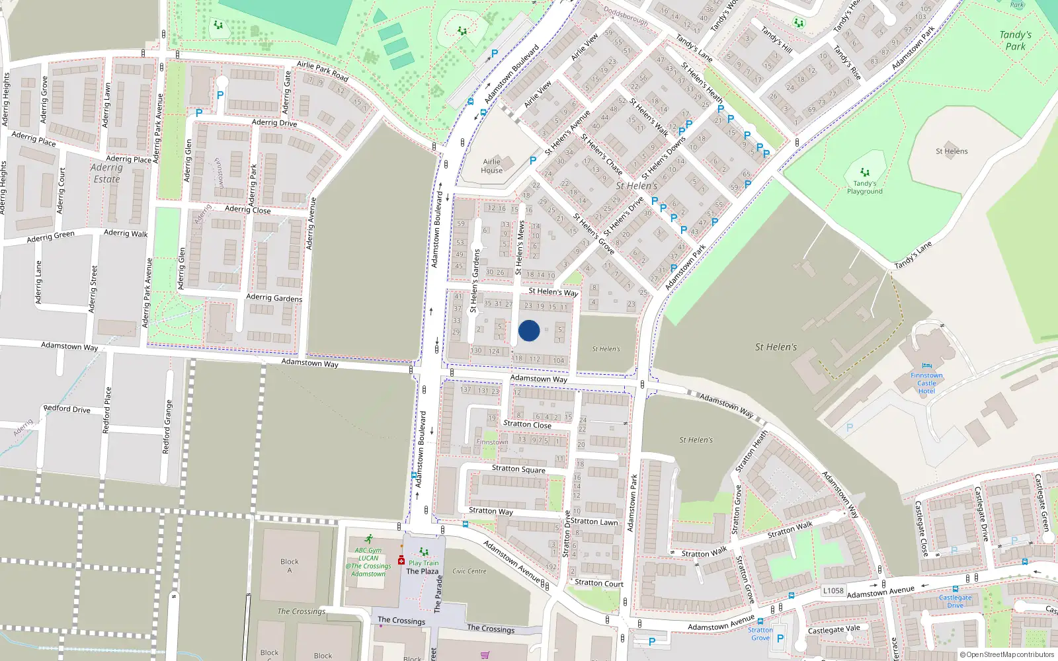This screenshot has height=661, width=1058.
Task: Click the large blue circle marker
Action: (x=529, y=330)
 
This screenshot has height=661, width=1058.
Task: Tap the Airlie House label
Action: (x=492, y=166)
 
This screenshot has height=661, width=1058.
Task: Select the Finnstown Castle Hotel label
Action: (x=926, y=383)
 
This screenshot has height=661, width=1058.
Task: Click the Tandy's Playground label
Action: (x=864, y=188)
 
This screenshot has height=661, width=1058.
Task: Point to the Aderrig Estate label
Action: (x=106, y=173)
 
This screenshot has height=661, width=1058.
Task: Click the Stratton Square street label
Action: (x=518, y=469)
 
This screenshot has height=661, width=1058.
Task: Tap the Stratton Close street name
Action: (x=527, y=424)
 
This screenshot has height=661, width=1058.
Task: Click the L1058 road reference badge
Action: (x=833, y=590)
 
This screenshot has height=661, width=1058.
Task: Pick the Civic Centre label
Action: (x=469, y=571)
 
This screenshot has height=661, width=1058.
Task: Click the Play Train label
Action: (x=423, y=563)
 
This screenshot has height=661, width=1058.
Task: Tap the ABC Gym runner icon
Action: (x=368, y=539)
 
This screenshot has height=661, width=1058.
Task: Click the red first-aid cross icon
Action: (x=401, y=561)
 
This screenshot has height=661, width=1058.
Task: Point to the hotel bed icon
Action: (x=926, y=366)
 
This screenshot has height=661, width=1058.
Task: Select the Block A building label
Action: (x=289, y=566)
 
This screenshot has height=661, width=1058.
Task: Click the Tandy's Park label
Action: (x=1015, y=40)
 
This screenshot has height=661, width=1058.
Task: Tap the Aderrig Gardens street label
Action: (x=274, y=298)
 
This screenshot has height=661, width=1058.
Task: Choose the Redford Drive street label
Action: (x=67, y=409)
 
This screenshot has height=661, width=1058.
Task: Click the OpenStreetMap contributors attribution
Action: (x=1010, y=655)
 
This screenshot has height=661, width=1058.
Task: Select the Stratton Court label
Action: (x=599, y=583)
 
